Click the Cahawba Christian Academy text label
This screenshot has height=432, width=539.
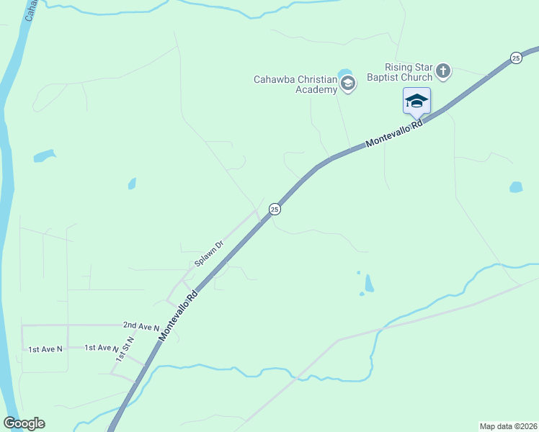(x=295, y=84)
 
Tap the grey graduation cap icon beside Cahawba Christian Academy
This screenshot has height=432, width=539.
(x=348, y=84)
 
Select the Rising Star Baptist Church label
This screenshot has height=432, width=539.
(x=399, y=72)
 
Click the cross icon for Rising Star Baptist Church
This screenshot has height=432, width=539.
(x=443, y=71)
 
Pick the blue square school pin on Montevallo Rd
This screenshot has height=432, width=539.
(x=416, y=101)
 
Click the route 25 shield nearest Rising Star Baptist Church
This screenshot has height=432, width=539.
(x=515, y=58)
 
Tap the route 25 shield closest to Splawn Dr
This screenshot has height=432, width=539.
(x=275, y=209)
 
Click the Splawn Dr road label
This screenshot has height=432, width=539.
(x=209, y=253)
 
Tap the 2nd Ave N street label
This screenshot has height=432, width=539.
(x=141, y=326)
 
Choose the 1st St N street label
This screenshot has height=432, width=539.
(x=122, y=348)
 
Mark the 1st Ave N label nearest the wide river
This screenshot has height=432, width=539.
(x=45, y=349)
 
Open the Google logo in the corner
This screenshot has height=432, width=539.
(x=24, y=423)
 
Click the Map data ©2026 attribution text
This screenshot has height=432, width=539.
(x=508, y=426)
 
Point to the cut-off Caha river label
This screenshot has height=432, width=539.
(x=30, y=10)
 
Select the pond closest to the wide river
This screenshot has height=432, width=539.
(x=44, y=155)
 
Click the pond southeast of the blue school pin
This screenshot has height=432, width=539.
(x=515, y=187)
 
